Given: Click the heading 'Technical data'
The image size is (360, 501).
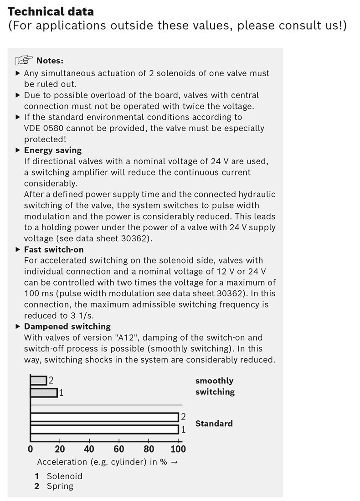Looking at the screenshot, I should click(51, 11).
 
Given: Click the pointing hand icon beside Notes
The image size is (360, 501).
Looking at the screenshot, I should click(24, 61).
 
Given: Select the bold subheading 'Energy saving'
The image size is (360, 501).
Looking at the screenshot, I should click(52, 150).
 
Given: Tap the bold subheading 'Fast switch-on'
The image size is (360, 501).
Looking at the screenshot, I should click(54, 249).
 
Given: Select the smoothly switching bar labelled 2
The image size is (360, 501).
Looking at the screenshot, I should click(38, 380).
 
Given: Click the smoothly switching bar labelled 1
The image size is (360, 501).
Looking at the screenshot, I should click(44, 392).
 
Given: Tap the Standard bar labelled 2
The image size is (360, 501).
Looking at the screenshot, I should click(104, 417).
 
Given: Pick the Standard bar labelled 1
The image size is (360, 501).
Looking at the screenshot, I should click(104, 429).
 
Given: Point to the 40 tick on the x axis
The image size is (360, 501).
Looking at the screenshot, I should click(89, 449).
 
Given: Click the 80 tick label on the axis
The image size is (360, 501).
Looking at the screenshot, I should click(149, 449).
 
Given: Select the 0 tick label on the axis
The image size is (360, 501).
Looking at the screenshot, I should click(31, 449).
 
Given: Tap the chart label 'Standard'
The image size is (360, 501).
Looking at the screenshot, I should click(214, 424).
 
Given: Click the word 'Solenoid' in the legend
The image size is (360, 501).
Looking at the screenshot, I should click(64, 476).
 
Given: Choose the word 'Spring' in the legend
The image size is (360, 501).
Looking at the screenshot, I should click(60, 486).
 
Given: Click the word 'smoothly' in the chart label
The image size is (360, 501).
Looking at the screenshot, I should click(214, 381).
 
